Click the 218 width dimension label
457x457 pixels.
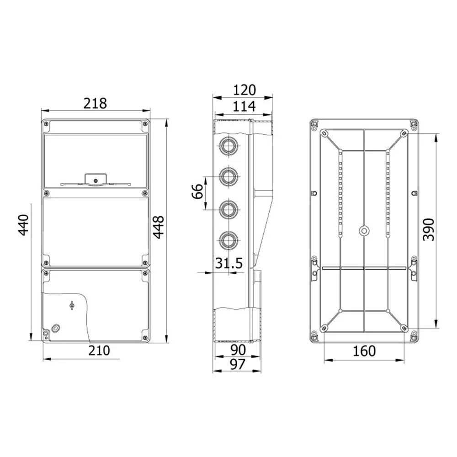pyautogui.click(x=95, y=103)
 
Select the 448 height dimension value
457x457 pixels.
pyautogui.click(x=159, y=227)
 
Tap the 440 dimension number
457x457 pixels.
pyautogui.click(x=24, y=225)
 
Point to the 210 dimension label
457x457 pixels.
pyautogui.click(x=99, y=351)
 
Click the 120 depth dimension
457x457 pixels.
pyautogui.click(x=244, y=90)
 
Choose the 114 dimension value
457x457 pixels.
pyautogui.click(x=244, y=106)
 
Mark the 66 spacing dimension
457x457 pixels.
pyautogui.click(x=197, y=191)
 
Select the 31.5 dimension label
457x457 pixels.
pyautogui.click(x=229, y=263)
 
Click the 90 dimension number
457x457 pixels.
pyautogui.click(x=238, y=350)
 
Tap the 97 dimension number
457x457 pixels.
pyautogui.click(x=238, y=364)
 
